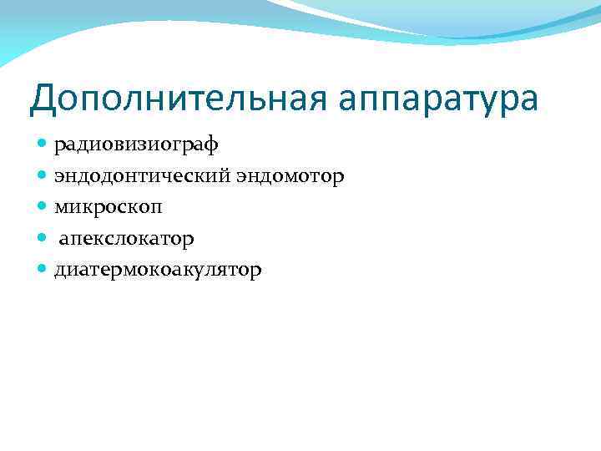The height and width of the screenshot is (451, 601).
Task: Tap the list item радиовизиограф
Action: pos(136,144)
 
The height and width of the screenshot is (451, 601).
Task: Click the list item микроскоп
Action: pos(109,207)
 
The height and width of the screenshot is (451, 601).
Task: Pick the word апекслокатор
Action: pos(126,239)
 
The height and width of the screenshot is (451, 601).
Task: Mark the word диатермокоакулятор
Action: pos(158,270)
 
